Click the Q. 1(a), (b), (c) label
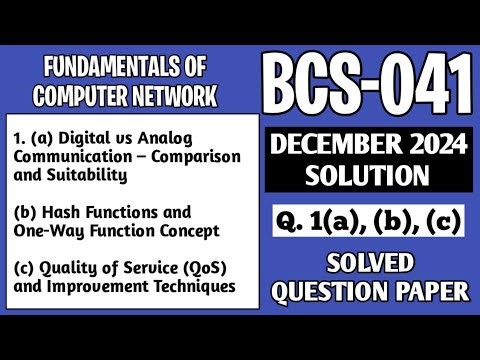[368, 222]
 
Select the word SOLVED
[368, 265]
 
